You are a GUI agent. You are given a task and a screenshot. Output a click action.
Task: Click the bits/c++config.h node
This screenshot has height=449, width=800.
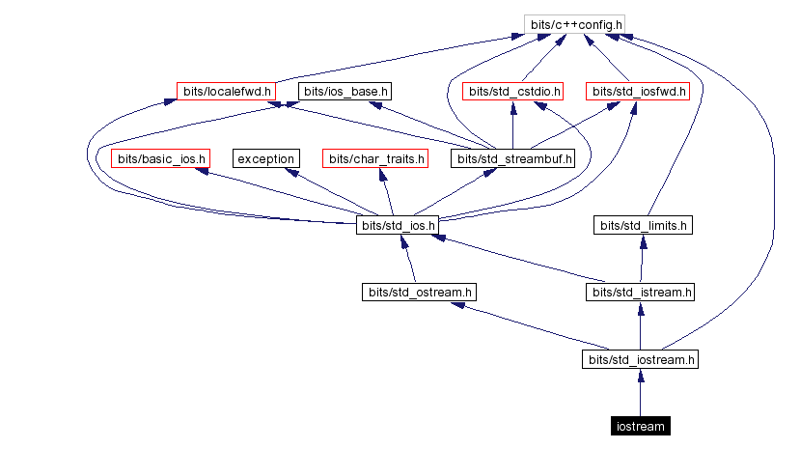tap(574, 23)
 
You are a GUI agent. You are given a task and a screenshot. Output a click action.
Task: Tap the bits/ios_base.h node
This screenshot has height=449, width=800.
tap(345, 92)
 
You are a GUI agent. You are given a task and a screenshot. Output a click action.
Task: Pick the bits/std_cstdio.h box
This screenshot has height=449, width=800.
tap(512, 92)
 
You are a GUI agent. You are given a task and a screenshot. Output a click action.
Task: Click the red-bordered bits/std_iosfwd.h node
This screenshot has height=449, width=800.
tap(638, 92)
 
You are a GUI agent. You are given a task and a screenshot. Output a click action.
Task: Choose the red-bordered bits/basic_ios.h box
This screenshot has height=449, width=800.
tap(161, 158)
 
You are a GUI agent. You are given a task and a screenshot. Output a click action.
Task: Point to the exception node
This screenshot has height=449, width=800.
tap(265, 158)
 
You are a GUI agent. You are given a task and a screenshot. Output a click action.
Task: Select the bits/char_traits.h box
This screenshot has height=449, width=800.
tap(374, 158)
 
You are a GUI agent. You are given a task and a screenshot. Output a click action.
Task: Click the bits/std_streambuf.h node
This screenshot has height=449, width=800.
tap(513, 158)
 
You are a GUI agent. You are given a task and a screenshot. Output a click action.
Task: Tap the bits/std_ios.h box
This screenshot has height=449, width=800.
tap(398, 226)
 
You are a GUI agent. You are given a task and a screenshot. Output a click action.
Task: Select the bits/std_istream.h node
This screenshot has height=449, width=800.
tap(640, 292)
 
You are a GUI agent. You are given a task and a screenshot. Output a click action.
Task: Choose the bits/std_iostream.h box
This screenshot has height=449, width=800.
tap(640, 359)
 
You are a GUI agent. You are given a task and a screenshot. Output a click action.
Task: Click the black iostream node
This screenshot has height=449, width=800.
tap(640, 426)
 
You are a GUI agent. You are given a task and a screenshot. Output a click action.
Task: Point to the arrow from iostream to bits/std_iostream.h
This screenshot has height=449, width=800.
tap(640, 393)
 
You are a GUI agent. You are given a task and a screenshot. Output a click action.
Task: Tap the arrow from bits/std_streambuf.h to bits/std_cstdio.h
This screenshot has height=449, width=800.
tap(512, 126)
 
